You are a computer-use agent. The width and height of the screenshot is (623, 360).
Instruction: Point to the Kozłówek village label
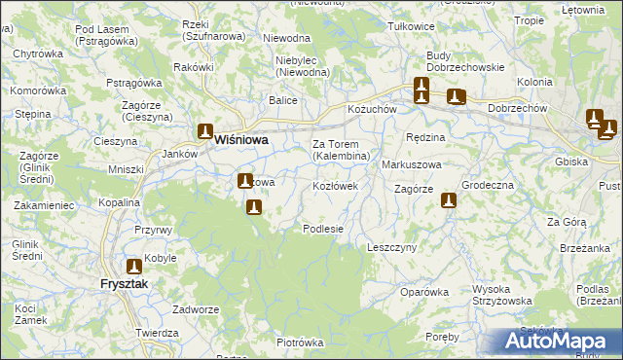(x=335, y=185)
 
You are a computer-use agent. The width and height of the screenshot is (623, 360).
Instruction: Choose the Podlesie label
(x=323, y=229)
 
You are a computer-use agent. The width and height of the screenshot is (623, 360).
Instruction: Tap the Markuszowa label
(x=412, y=164)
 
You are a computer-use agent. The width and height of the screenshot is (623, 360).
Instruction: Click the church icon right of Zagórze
(x=449, y=201)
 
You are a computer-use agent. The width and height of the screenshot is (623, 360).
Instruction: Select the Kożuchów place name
(x=372, y=110)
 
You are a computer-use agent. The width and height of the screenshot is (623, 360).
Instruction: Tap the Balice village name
(x=283, y=99)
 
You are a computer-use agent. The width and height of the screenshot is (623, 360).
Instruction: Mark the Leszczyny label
(x=391, y=247)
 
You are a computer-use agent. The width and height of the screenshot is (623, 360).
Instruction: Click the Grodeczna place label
(x=487, y=185)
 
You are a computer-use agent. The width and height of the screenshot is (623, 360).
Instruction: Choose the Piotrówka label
(x=299, y=342)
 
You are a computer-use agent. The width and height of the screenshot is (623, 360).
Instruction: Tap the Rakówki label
(x=193, y=67)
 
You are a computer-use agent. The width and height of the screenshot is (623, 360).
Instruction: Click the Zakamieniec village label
(x=44, y=206)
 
